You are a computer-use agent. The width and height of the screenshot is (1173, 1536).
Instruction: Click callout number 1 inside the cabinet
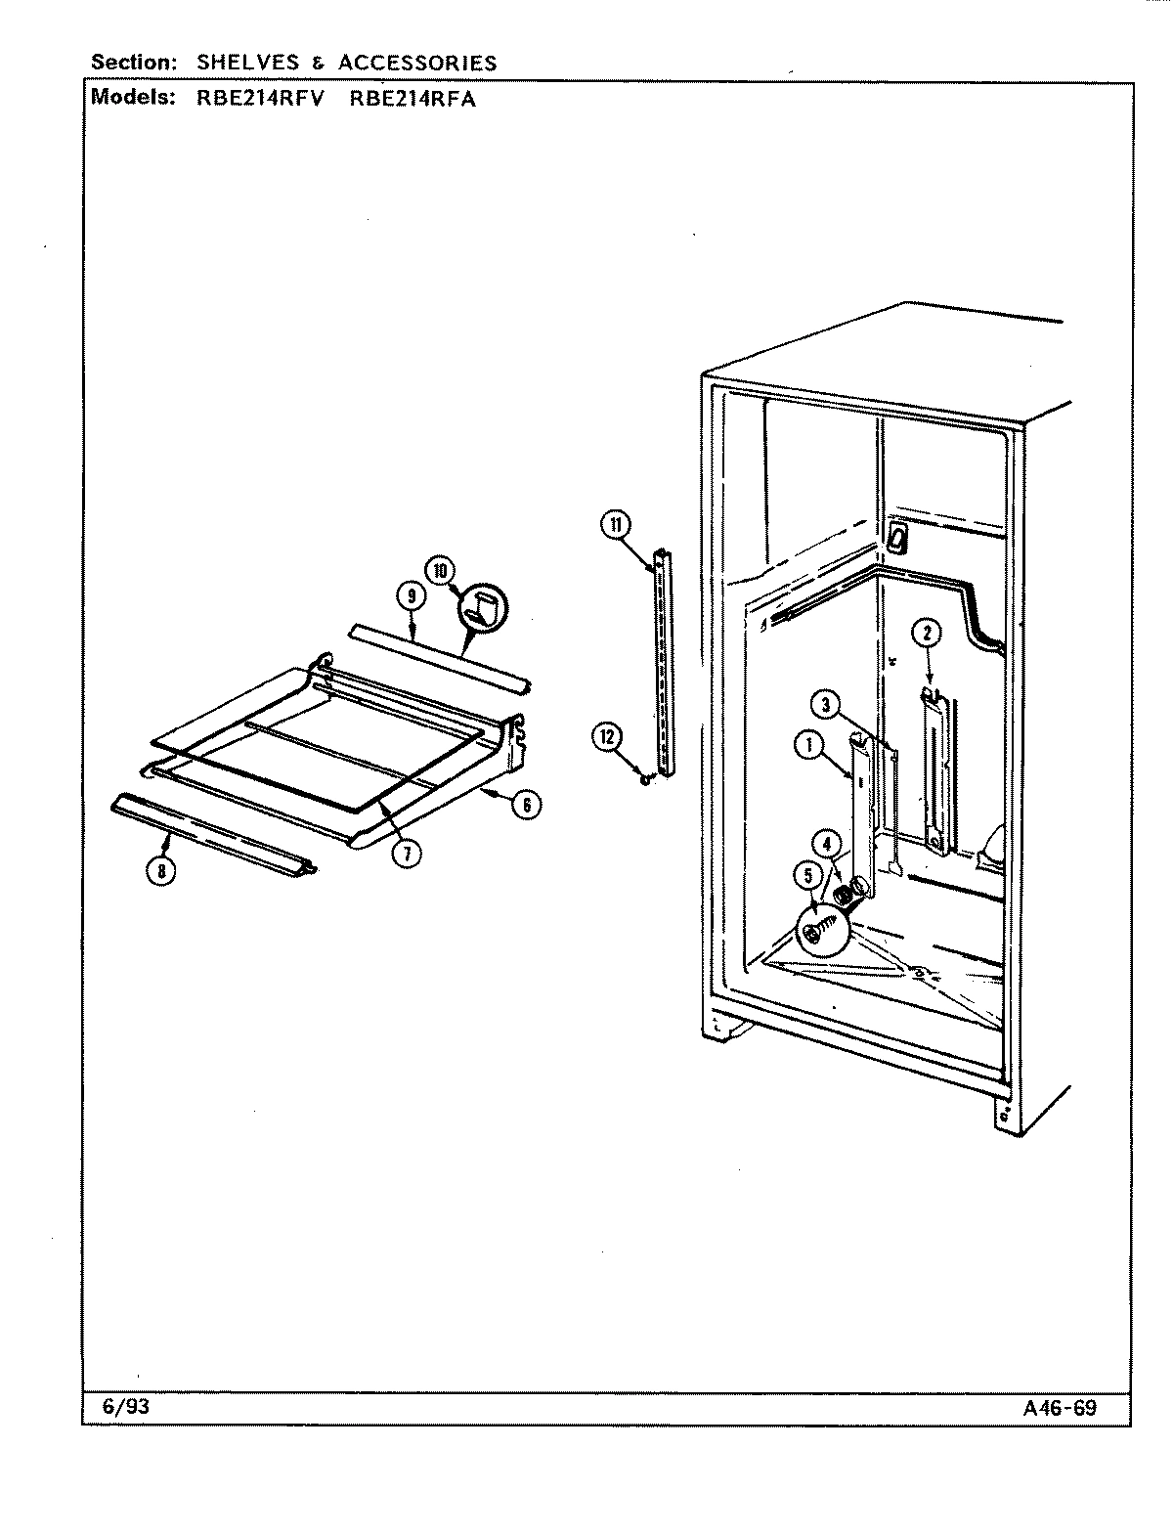click(x=810, y=745)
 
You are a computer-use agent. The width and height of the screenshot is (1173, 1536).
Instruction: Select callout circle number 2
click(x=926, y=634)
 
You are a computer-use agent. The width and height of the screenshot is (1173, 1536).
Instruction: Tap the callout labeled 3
click(x=826, y=703)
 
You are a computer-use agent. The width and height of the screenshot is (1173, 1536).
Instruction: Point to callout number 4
click(x=827, y=842)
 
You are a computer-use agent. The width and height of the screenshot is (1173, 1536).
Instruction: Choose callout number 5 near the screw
click(x=808, y=876)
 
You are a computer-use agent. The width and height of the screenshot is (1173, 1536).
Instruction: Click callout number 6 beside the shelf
click(x=526, y=804)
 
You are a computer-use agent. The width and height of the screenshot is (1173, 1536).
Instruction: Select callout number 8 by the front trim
click(x=159, y=870)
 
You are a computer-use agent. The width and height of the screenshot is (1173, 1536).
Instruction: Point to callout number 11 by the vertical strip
click(x=616, y=525)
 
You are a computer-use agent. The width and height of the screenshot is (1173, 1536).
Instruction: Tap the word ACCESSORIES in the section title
click(x=417, y=64)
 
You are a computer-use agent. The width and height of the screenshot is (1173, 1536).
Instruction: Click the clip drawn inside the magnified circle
click(x=482, y=612)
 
